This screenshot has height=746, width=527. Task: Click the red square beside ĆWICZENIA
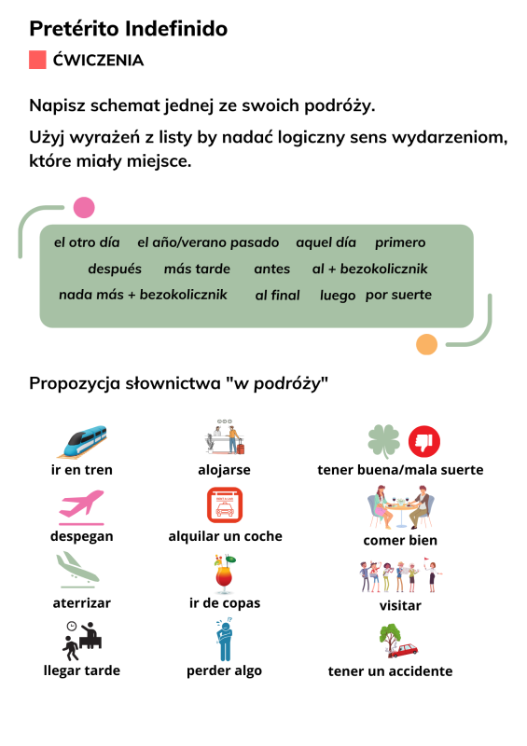[37, 60]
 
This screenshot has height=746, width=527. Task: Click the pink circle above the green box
[84, 207]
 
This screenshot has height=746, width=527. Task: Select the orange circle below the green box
[426, 344]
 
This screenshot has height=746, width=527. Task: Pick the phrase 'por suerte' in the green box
[398, 295]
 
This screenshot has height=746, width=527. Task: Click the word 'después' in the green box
[115, 269]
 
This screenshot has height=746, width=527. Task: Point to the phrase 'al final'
[278, 296]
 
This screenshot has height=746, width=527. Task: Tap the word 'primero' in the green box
[400, 242]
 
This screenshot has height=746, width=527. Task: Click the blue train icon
[82, 441]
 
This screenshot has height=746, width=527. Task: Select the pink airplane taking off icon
[81, 505]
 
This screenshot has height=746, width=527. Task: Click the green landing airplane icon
[77, 569]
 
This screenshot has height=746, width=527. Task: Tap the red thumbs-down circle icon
[424, 441]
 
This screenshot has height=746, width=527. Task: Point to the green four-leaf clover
[383, 441]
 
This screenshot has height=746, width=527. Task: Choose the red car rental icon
[225, 505]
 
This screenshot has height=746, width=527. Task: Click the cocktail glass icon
[224, 573]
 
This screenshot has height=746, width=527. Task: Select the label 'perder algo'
[224, 670]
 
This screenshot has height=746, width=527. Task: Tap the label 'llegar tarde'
[82, 670]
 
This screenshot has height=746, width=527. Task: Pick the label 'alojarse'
[224, 470]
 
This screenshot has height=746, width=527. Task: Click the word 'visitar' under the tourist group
[400, 605]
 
